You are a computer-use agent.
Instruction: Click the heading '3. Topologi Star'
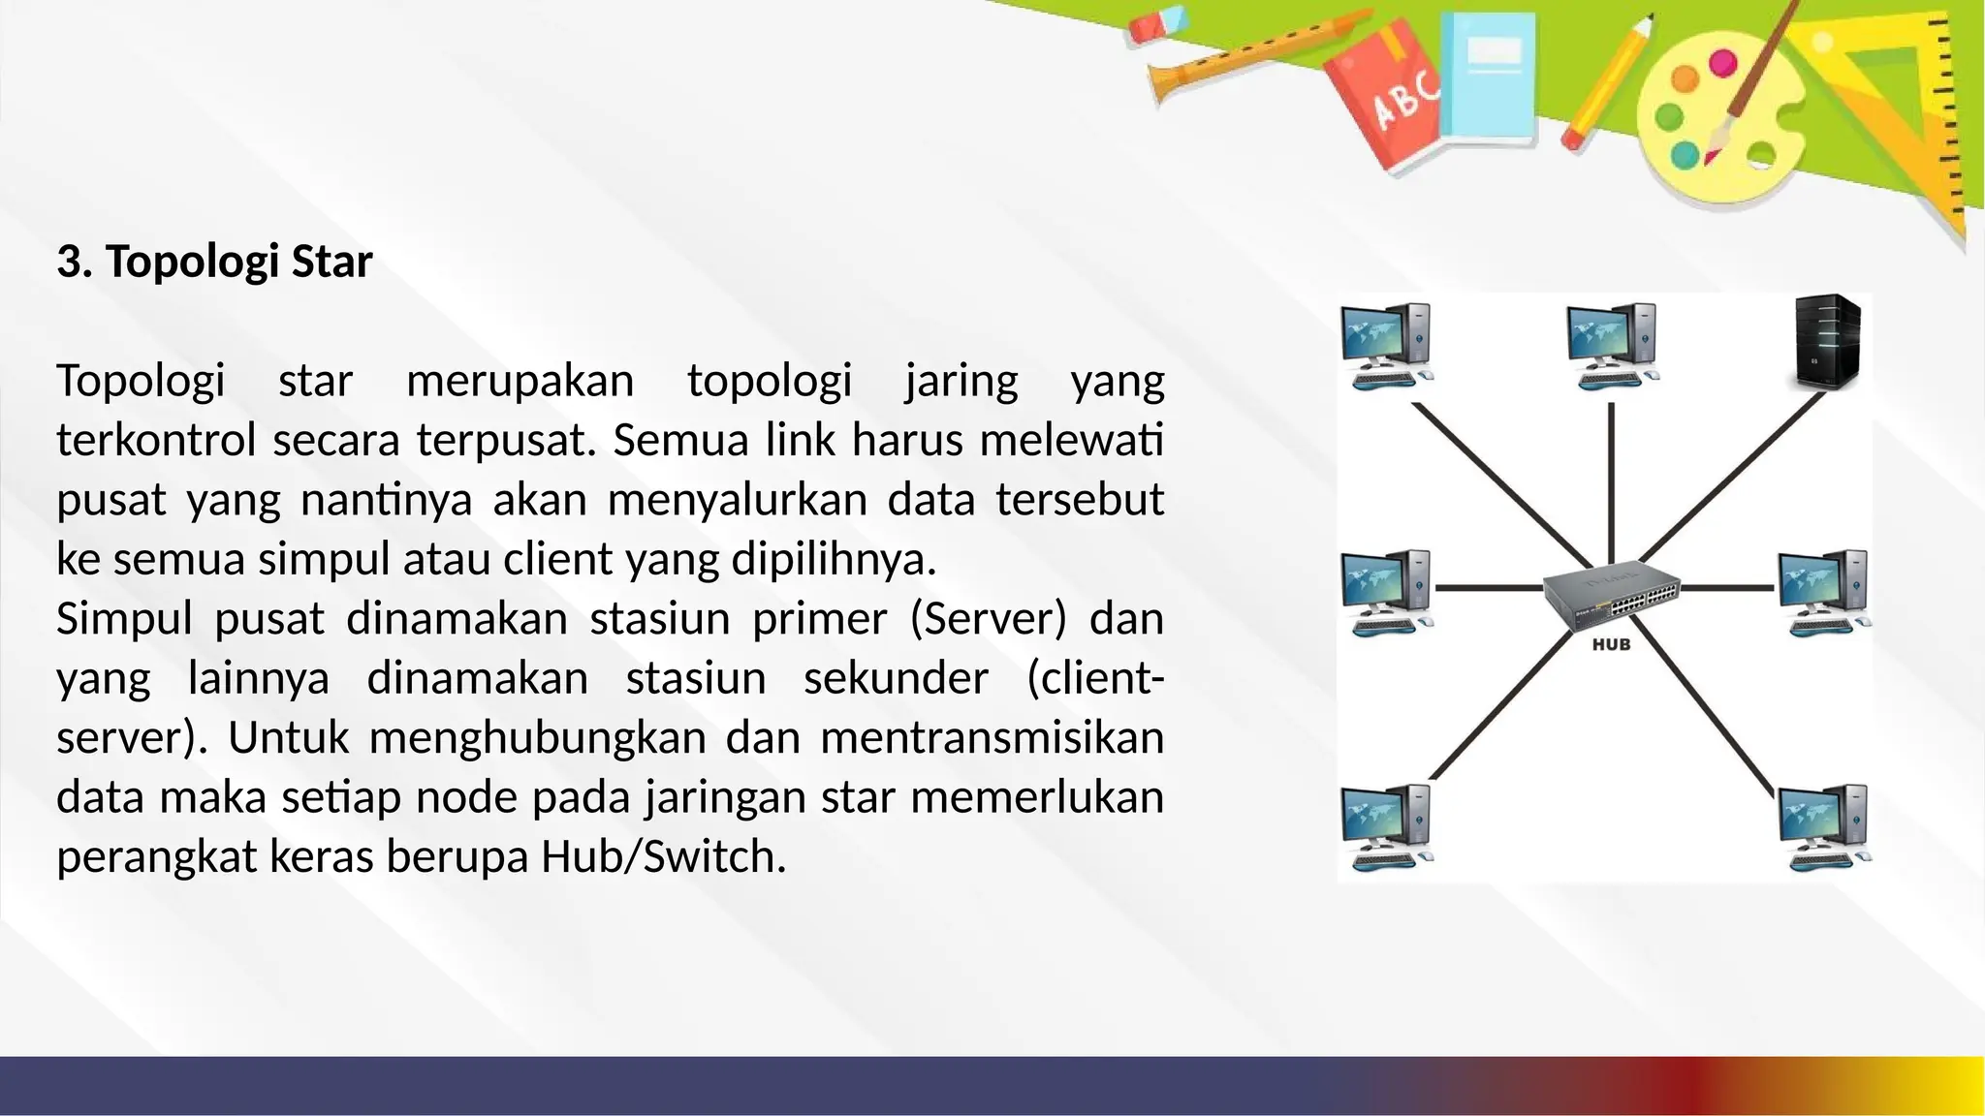(x=214, y=262)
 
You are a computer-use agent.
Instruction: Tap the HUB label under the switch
(x=1611, y=645)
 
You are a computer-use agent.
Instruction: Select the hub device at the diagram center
(x=1611, y=594)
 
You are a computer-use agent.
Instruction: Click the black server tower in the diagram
(x=1827, y=343)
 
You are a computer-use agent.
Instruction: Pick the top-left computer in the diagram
(x=1387, y=346)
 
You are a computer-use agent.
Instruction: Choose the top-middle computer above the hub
(x=1612, y=346)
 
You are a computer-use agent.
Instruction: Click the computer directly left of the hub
(x=1387, y=592)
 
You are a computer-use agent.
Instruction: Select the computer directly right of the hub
(x=1823, y=592)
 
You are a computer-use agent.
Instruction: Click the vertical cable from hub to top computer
(x=1611, y=480)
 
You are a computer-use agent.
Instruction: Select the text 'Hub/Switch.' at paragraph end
(x=663, y=857)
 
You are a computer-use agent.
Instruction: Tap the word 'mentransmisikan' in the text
(x=992, y=738)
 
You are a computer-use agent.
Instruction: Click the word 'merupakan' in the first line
(x=520, y=381)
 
